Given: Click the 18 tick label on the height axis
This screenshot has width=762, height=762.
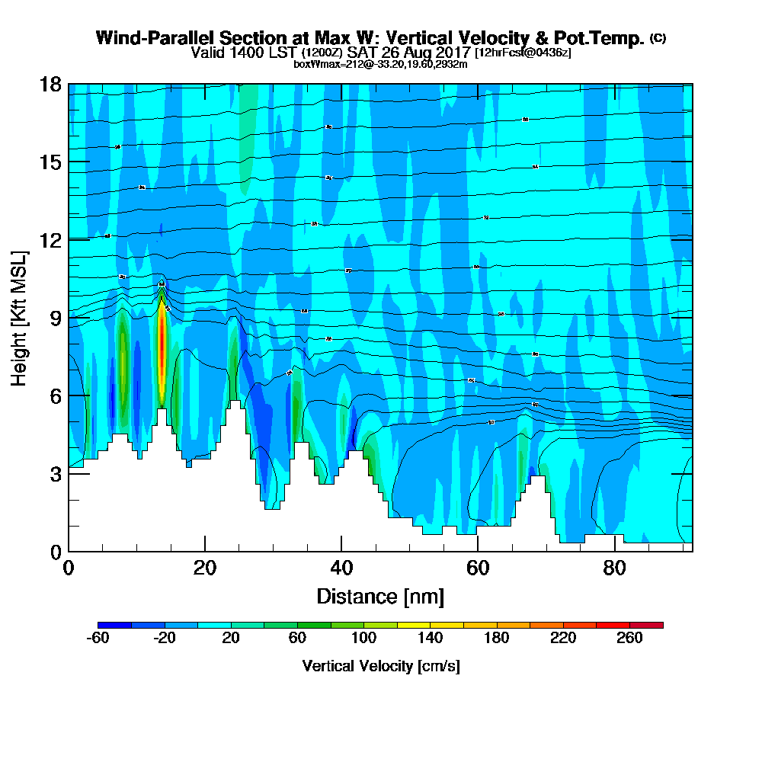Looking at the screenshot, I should point(50,84).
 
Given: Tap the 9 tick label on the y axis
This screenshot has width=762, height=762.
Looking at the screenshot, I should point(55,318).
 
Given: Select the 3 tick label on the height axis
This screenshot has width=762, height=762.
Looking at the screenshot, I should point(55,473).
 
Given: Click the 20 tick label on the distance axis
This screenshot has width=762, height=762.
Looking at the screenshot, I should point(204,568).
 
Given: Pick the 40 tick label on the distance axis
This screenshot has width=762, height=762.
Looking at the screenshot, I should point(341,568).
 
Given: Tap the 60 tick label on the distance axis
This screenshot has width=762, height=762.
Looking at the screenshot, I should point(477,568).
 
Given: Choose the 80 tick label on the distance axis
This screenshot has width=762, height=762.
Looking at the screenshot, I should point(613,568).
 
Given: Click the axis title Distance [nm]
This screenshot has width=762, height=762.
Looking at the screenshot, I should point(380,596).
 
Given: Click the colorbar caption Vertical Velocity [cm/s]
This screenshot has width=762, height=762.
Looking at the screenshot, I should point(381,666).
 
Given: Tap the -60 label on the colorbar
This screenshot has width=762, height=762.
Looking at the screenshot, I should point(99,639).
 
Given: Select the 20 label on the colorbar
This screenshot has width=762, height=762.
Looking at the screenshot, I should point(232,639).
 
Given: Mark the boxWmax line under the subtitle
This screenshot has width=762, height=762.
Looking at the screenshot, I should point(380,64).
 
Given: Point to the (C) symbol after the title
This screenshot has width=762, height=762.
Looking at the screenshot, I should point(658,37).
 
